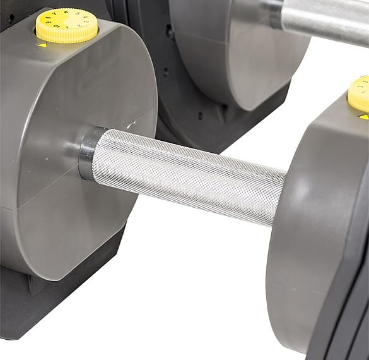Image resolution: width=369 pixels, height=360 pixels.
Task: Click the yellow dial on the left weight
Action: [66, 23]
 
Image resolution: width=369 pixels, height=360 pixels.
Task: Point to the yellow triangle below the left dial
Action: [42, 45]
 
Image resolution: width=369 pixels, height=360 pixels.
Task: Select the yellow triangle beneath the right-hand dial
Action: [363, 117]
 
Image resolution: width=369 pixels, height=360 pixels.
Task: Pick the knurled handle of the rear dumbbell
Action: [325, 19]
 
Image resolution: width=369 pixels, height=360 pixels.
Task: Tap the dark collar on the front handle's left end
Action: [86, 152]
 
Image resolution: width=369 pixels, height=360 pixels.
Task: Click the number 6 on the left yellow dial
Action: [66, 11]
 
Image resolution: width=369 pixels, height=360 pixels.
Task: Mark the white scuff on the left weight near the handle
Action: [130, 125]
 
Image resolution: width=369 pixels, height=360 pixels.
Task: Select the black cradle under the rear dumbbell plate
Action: [189, 126]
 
